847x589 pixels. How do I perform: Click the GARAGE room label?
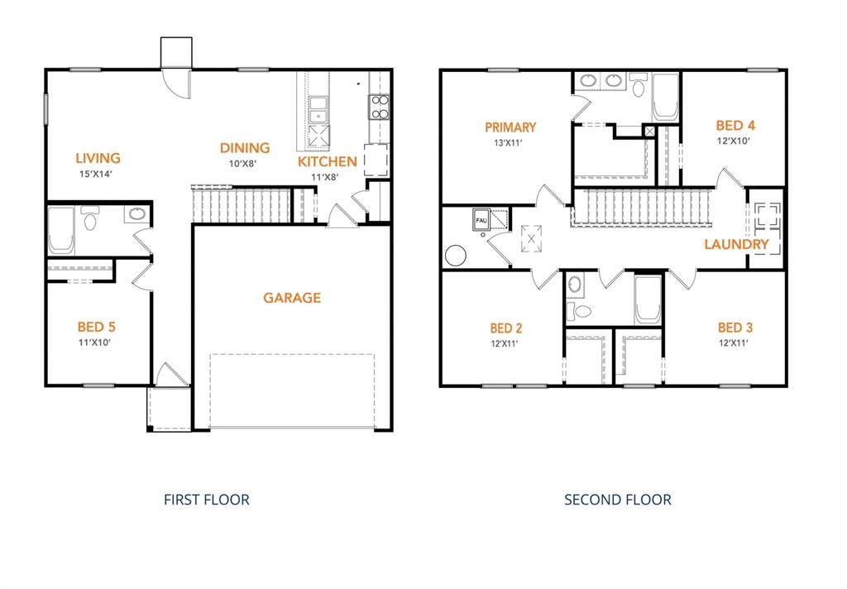[292, 298]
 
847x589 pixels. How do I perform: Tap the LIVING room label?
[98, 158]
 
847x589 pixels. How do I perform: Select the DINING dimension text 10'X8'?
[242, 163]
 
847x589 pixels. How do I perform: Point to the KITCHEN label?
[328, 161]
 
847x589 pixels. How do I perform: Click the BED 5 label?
[97, 327]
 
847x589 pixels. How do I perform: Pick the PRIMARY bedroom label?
[510, 127]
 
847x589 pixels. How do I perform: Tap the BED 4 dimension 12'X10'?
[733, 141]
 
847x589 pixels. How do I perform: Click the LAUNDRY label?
[736, 244]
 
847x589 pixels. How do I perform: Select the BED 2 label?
[506, 328]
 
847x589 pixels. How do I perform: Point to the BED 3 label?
[735, 328]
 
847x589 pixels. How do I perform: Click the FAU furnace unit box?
[481, 220]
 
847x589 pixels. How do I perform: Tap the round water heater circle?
[456, 256]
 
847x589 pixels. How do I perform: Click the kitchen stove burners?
[379, 107]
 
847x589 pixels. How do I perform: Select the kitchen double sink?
[318, 110]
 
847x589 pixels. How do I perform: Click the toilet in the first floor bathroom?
[89, 218]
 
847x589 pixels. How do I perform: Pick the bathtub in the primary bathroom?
[666, 98]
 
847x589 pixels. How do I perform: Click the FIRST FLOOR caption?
[207, 500]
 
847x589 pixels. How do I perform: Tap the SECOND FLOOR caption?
[618, 500]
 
